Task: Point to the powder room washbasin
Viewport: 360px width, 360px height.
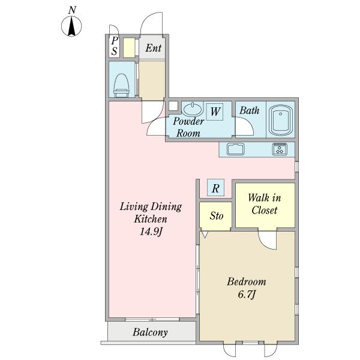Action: (x=193, y=109)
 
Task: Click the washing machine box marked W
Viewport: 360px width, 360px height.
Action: (x=215, y=111)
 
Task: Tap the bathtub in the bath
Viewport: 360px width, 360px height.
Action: (x=280, y=120)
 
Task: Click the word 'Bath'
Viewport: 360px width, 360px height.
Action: (x=249, y=110)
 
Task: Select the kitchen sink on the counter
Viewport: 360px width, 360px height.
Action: (x=235, y=149)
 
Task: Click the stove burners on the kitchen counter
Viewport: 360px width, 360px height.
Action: (x=280, y=149)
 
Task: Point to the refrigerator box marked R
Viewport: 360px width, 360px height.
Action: (x=215, y=188)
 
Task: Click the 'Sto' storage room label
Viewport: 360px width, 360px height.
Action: (x=216, y=215)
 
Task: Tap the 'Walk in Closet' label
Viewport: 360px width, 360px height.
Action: (x=265, y=204)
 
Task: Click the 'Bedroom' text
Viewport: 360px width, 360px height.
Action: (x=246, y=281)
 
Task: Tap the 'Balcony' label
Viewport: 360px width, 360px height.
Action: (x=150, y=332)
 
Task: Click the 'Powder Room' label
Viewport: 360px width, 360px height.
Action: (x=188, y=127)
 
